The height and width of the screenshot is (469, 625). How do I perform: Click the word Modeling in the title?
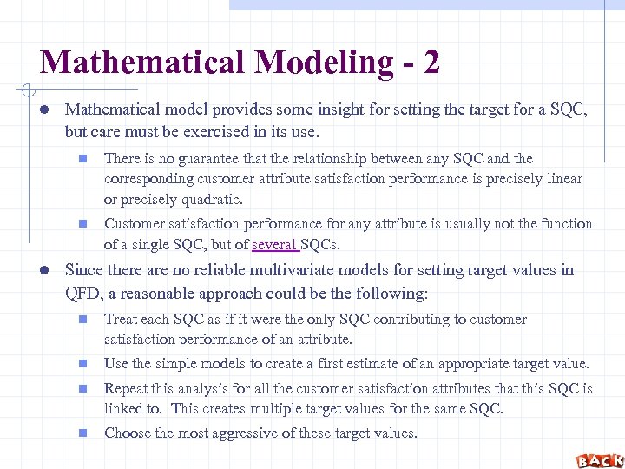312,63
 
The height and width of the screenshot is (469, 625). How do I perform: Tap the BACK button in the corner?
599,459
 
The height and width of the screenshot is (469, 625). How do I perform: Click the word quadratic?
208,200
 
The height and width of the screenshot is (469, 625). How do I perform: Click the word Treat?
122,320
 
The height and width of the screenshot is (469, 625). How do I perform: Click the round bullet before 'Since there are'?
43,270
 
